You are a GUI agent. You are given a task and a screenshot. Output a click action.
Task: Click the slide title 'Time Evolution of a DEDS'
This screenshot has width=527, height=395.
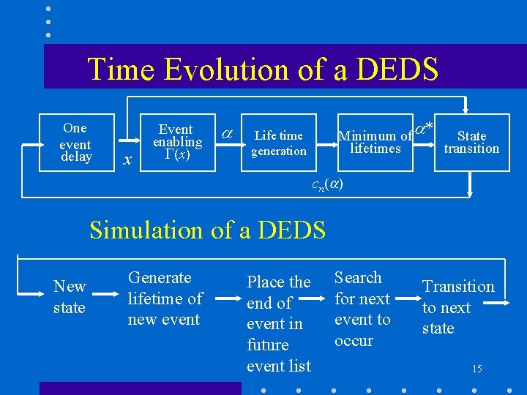(263, 69)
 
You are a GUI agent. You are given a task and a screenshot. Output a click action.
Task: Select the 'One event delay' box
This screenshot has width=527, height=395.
(75, 143)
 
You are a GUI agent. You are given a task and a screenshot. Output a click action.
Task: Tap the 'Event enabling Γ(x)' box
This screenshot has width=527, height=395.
(176, 143)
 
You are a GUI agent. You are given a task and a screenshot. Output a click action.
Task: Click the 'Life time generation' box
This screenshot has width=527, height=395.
(279, 143)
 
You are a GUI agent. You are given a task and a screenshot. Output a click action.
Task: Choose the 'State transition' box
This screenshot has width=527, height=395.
(471, 142)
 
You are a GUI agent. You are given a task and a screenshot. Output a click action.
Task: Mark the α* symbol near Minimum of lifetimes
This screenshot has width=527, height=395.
(424, 129)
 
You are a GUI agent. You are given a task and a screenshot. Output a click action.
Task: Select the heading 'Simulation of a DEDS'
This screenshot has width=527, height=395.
(207, 230)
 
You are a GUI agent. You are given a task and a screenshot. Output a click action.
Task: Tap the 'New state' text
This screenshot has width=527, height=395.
(70, 297)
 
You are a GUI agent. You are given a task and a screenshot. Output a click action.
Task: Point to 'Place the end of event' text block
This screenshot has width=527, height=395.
(279, 323)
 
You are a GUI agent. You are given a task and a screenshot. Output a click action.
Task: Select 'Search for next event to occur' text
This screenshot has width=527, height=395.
(362, 309)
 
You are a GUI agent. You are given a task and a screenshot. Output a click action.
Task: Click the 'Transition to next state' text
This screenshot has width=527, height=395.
(458, 307)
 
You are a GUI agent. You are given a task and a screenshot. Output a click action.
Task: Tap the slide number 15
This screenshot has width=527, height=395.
(476, 369)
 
